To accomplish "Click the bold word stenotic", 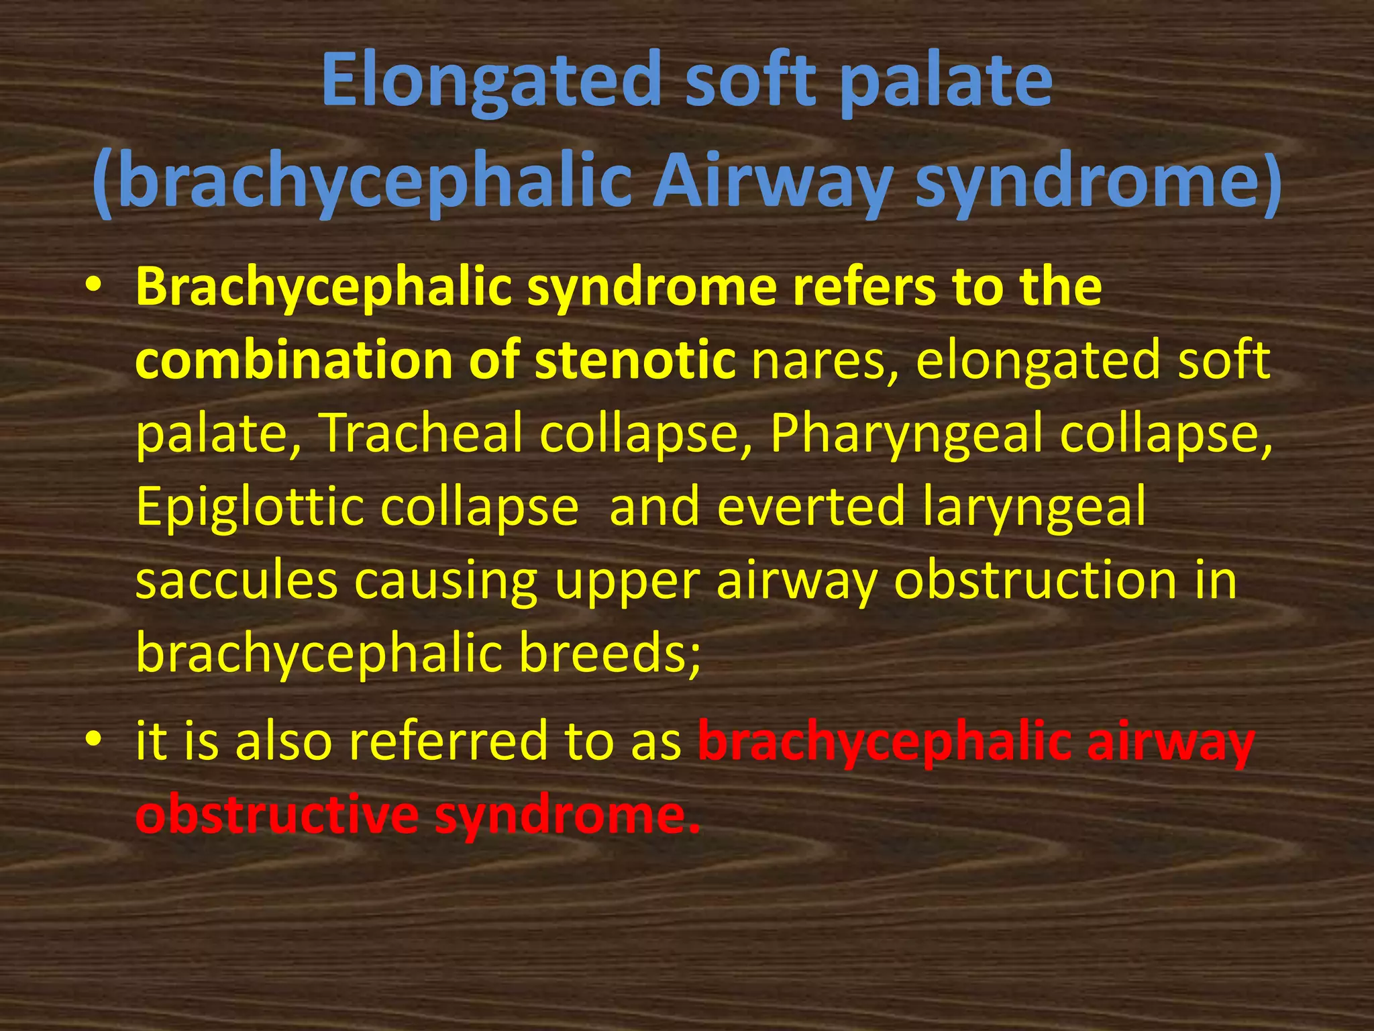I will [635, 360].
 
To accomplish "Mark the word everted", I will [811, 507].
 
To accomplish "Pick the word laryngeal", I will [1034, 507].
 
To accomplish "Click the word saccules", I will [236, 580].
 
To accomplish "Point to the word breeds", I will [610, 653].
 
